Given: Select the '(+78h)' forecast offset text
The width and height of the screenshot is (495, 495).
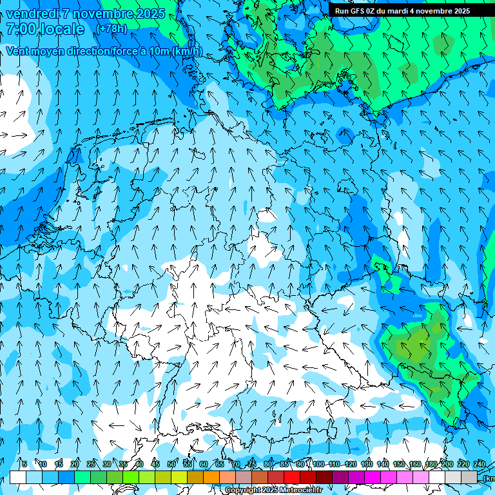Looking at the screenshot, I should pos(112,29).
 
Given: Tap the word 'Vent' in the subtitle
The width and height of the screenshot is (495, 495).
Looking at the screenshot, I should pos(18,51).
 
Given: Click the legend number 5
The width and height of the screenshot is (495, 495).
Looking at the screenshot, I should pos(24,464).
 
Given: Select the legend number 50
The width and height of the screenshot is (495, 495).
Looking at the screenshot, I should pos(171,464).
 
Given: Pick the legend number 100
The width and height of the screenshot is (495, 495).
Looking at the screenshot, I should pos(318,464).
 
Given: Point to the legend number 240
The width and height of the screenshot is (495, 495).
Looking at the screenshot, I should pos(480,464).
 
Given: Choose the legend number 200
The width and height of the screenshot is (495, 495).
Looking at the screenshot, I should pos(447,464).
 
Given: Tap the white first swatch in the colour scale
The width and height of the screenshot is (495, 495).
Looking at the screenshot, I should pos(18,477).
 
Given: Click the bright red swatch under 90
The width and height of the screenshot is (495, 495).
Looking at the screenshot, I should pos(292,477).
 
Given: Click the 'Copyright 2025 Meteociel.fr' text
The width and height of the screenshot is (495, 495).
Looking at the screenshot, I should pos(274,490).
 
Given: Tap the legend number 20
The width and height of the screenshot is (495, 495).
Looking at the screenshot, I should pos(75,464).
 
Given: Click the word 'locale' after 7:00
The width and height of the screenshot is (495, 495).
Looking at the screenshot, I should pos(62,29).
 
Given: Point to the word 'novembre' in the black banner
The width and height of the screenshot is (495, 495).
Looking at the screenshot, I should pos(436,10).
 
